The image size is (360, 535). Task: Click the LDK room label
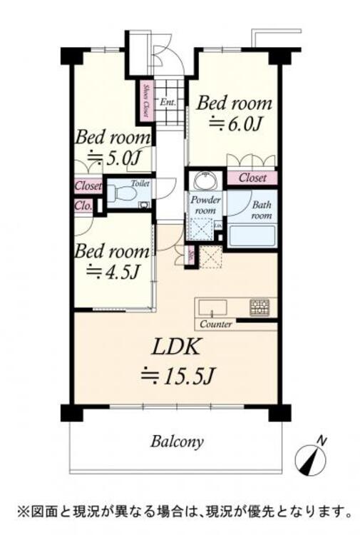tap(177, 347)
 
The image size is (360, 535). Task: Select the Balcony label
tap(178, 440)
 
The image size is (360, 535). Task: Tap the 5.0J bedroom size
tap(115, 158)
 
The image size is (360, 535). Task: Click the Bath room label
tap(261, 210)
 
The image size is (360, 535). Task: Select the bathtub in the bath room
tap(252, 235)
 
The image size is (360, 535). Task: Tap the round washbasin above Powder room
tap(204, 178)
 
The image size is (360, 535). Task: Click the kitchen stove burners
tap(258, 307)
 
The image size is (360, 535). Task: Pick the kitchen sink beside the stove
tap(212, 307)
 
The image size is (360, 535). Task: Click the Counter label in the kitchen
tap(216, 325)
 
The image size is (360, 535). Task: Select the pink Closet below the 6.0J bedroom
tap(252, 178)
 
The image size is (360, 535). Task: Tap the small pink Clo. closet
tap(82, 207)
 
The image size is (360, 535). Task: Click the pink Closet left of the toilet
tap(88, 187)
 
